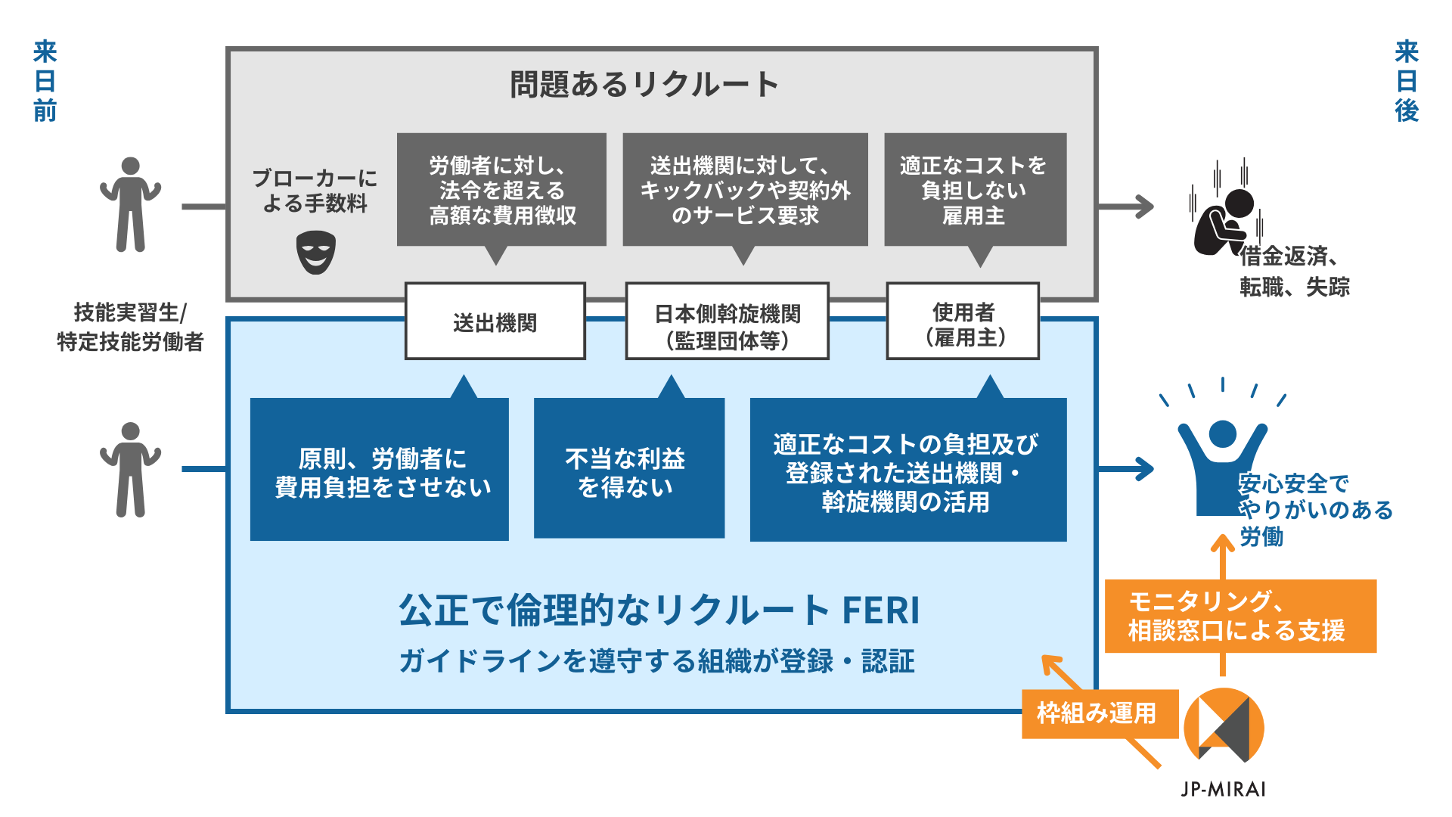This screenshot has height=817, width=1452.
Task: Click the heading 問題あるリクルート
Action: (644, 84)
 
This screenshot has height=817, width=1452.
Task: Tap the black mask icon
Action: (315, 253)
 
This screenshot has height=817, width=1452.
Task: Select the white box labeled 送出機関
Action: (495, 322)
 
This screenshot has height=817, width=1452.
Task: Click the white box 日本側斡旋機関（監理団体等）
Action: (728, 322)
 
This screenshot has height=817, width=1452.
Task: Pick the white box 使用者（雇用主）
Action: (963, 322)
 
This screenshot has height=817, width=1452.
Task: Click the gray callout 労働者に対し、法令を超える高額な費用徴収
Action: (501, 190)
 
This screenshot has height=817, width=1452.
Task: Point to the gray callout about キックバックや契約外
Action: (745, 190)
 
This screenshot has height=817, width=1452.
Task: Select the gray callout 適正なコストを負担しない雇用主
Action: (975, 190)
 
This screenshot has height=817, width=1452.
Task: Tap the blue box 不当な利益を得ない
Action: (629, 469)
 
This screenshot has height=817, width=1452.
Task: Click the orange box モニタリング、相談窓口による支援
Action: (1240, 616)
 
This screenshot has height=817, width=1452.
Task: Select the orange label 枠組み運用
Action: (1100, 713)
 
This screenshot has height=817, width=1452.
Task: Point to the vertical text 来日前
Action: (45, 81)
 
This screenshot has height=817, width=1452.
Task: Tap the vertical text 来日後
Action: (1407, 81)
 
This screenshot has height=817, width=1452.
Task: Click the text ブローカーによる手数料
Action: (315, 191)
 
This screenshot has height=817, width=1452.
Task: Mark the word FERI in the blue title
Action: (881, 610)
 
